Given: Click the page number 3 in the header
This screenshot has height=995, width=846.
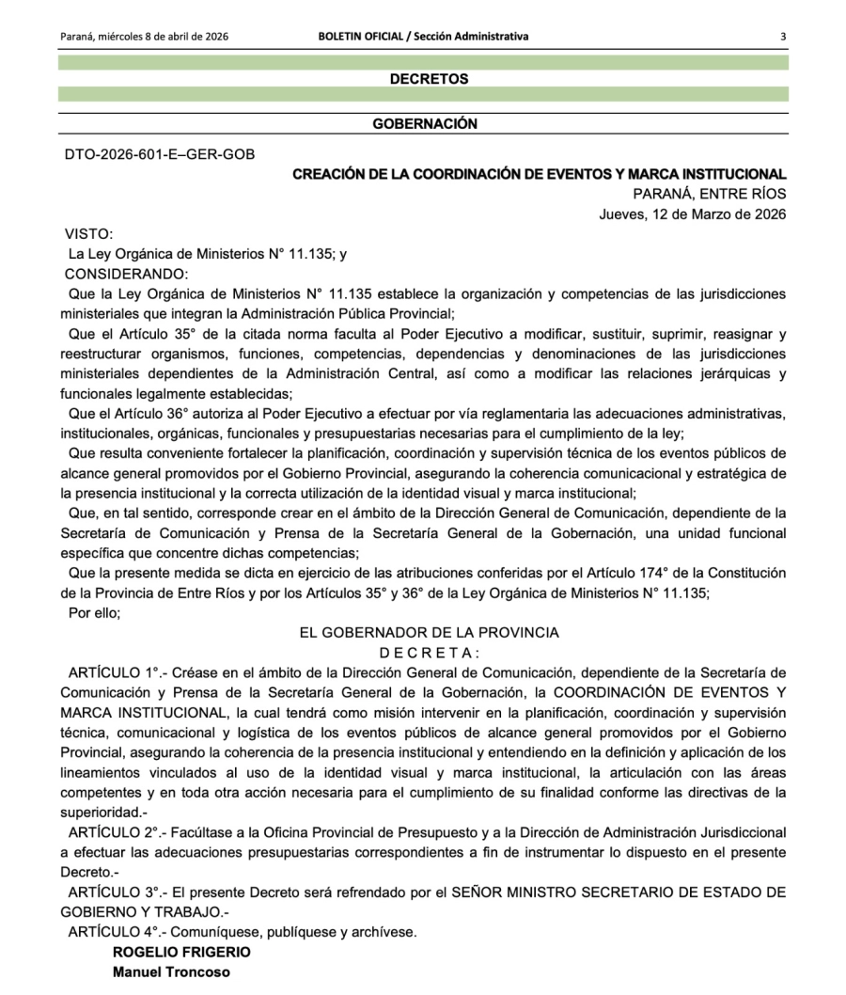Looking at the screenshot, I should [782, 37].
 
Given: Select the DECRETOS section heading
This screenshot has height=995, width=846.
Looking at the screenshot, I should [429, 79].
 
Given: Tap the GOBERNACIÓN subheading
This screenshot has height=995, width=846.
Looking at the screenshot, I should [425, 123].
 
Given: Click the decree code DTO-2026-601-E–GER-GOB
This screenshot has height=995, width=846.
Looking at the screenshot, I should [159, 154].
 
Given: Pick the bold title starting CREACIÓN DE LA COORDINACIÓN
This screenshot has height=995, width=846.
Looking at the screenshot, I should [540, 174].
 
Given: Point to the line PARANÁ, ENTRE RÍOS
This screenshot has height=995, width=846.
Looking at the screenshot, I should [710, 194].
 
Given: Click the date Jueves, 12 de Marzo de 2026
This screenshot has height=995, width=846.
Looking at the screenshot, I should [693, 213].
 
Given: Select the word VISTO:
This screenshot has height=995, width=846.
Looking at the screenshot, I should [88, 233].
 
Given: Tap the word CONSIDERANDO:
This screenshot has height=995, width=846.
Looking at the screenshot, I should [126, 274].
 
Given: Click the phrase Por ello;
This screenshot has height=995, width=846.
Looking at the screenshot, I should [95, 612].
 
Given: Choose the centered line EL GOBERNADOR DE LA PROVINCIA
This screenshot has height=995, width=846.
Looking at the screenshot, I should [429, 633].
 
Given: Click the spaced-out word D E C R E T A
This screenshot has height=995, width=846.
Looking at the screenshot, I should [429, 652].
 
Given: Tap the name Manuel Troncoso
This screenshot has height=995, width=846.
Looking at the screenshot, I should [171, 971].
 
